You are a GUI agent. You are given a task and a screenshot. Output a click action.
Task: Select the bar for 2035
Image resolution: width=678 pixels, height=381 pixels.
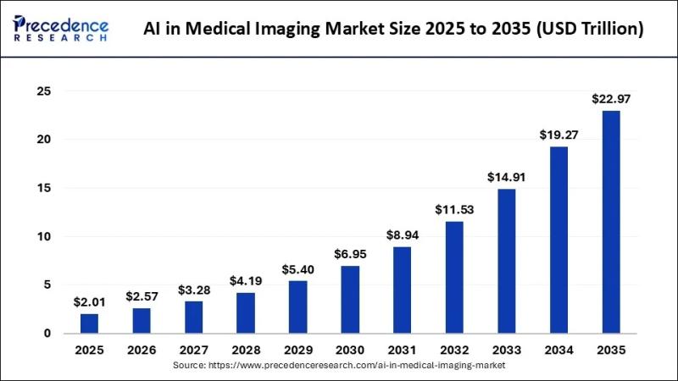609,222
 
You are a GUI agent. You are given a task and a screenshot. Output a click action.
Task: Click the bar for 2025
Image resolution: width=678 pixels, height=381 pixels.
89,323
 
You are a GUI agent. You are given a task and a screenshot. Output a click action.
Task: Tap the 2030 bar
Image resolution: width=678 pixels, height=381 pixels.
350,300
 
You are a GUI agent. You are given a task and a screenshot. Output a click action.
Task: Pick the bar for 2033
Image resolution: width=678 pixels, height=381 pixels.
506,261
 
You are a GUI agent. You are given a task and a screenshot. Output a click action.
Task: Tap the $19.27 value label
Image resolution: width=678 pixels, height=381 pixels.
558,135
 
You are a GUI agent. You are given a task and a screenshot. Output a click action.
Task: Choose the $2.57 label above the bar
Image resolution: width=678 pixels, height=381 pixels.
142,297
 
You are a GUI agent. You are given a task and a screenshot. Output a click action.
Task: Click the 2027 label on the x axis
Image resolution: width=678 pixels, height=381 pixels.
193,349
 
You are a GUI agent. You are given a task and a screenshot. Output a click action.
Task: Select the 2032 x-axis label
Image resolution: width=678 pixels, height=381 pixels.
453,349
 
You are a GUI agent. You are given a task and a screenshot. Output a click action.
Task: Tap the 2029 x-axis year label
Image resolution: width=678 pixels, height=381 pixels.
297,349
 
